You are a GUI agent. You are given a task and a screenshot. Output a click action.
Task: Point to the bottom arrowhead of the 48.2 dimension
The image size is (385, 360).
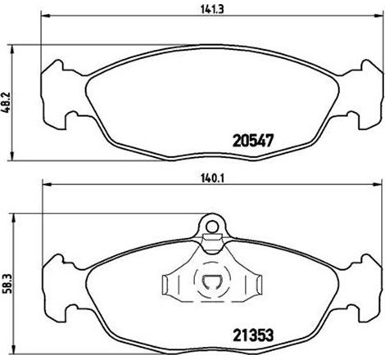[x=11, y=157]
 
